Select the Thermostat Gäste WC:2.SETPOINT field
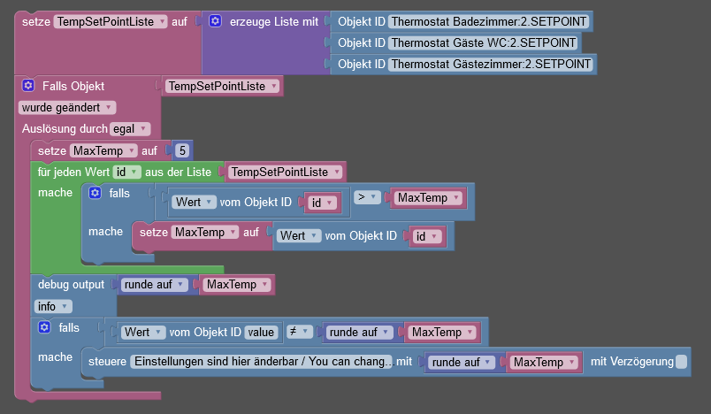(483, 42)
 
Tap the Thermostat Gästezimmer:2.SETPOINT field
(492, 64)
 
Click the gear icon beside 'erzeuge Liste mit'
(214, 20)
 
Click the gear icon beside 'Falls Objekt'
(27, 86)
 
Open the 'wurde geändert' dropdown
(67, 107)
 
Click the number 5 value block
(182, 150)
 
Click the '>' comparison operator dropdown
(367, 197)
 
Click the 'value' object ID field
(263, 332)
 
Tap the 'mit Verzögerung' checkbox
(681, 362)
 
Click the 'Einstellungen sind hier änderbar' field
(261, 362)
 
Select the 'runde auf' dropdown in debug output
(155, 285)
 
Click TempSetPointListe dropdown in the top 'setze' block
(111, 20)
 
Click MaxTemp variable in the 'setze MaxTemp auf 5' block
(103, 150)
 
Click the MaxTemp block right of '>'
(428, 197)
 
